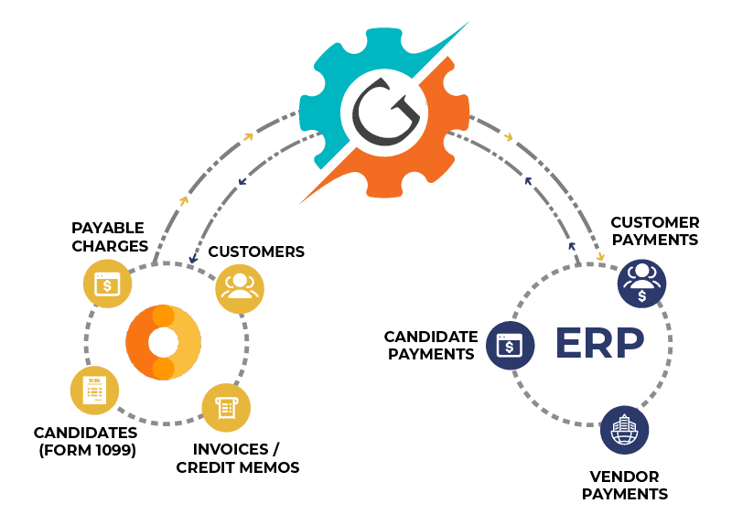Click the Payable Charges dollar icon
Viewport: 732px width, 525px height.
tap(108, 284)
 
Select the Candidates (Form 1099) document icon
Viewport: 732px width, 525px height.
tap(95, 390)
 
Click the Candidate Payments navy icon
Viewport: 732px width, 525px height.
tap(509, 345)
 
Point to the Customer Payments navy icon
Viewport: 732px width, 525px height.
tap(641, 282)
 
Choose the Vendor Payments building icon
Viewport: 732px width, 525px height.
tap(625, 431)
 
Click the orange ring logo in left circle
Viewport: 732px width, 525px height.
tap(163, 343)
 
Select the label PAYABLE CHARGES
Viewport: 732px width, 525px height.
tap(110, 235)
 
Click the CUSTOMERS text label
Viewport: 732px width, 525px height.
tap(256, 252)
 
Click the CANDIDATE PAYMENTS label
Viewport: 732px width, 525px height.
tap(430, 345)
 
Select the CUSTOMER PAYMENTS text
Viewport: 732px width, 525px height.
tap(654, 230)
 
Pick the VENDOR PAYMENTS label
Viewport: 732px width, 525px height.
tap(625, 485)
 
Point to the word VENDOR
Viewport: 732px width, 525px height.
tap(625, 476)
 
